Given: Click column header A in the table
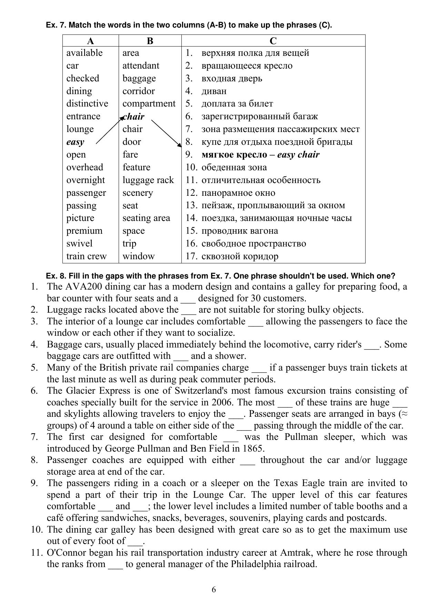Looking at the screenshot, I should pyautogui.click(x=90, y=41).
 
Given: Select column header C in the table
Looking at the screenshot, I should pyautogui.click(x=273, y=41).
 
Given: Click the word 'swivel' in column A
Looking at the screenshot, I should pyautogui.click(x=79, y=243).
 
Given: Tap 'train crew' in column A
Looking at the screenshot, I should pyautogui.click(x=87, y=256).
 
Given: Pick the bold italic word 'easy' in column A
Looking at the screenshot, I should pyautogui.click(x=75, y=142).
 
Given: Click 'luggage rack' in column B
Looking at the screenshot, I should pyautogui.click(x=148, y=180).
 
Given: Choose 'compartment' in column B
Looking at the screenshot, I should pyautogui.click(x=149, y=104).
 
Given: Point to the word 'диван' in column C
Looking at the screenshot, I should pyautogui.click(x=214, y=91).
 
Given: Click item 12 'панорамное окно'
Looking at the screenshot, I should pyautogui.click(x=238, y=193).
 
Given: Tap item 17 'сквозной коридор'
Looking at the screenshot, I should pyautogui.click(x=240, y=256).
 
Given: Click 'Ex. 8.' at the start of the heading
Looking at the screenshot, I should pyautogui.click(x=56, y=276).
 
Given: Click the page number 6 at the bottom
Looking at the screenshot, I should pyautogui.click(x=214, y=590).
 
